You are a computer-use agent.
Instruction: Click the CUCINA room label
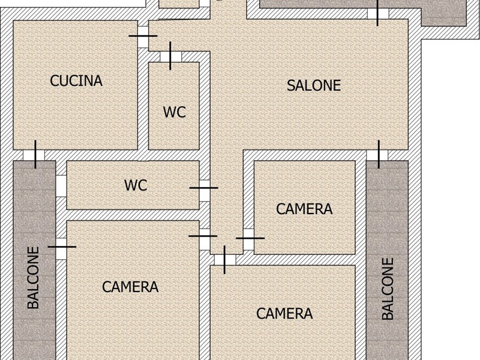76,81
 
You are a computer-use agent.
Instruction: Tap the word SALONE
313,85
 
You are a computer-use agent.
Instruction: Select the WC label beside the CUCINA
174,112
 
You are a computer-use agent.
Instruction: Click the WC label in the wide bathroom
136,185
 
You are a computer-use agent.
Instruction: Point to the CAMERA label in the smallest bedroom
304,209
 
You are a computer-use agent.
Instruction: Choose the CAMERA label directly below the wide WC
130,287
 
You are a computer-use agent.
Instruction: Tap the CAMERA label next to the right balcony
284,313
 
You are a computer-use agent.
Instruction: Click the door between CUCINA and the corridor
143,36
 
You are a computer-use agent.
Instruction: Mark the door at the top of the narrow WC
170,56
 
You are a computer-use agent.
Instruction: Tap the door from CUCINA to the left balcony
35,155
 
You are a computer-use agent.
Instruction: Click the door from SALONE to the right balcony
379,155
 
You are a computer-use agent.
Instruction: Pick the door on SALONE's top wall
377,13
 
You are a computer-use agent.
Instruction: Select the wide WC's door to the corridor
204,188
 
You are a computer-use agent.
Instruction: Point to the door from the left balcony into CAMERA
61,247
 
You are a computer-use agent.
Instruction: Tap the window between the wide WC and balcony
61,185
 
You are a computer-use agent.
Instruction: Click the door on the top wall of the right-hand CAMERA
225,259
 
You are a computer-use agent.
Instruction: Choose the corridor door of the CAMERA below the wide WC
203,236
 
